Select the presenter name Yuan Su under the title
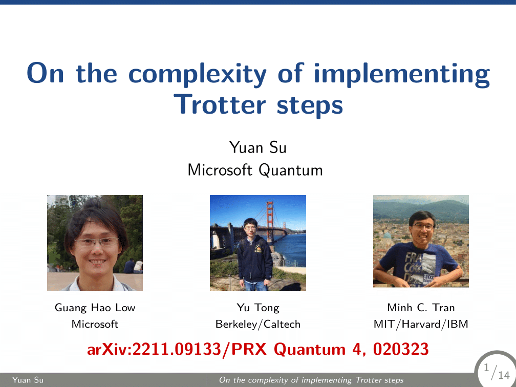point(258,148)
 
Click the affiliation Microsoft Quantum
point(255,169)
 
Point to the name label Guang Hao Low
point(95,308)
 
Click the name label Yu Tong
point(258,308)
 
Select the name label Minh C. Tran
point(421,308)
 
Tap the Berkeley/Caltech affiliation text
point(258,324)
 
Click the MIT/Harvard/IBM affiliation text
point(421,324)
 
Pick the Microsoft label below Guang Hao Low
point(95,324)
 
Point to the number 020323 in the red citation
point(401,350)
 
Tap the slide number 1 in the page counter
point(486,368)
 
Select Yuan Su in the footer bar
point(21,380)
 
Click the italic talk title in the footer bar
point(311,380)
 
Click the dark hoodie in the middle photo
point(255,259)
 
